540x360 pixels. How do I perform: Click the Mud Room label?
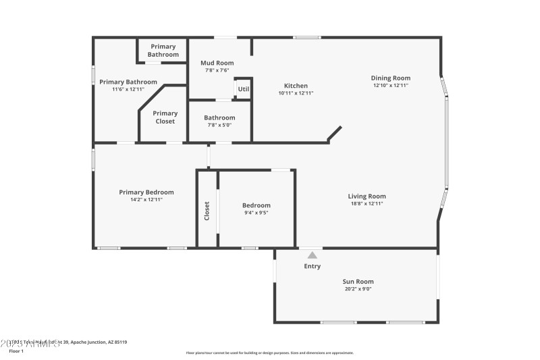[217, 63]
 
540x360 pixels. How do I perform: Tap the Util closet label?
[243, 88]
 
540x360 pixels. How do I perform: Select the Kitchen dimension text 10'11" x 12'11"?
[296, 93]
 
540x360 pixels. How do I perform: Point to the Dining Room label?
[390, 78]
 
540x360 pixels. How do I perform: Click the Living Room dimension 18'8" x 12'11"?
[367, 203]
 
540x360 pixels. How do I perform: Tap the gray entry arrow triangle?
[312, 255]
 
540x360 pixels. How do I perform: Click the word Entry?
[312, 266]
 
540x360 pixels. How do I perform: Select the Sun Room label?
[358, 282]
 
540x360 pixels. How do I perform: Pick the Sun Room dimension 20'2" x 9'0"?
[358, 289]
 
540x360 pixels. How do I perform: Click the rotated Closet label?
[207, 211]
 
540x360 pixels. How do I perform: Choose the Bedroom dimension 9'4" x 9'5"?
[256, 213]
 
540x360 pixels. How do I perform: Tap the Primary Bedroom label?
[146, 192]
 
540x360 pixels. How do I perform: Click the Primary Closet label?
[165, 118]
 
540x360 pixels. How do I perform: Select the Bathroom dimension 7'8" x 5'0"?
[219, 125]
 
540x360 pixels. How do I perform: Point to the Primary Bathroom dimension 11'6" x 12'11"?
[128, 89]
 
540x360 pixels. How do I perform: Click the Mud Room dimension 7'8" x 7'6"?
[217, 70]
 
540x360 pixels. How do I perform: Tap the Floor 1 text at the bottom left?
[16, 351]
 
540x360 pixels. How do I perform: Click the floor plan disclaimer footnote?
[269, 353]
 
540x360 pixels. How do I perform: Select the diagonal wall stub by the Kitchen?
[335, 134]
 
